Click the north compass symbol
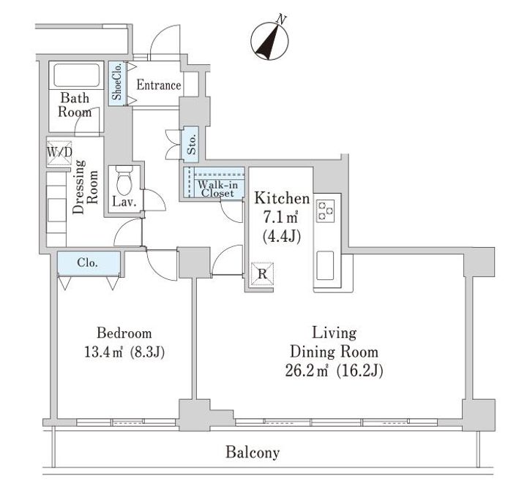(269, 40)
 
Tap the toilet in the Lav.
(124, 181)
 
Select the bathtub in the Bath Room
(77, 75)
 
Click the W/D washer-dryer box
(59, 153)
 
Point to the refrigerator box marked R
(262, 274)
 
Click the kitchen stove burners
(326, 211)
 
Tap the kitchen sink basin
(325, 265)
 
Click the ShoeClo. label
(117, 83)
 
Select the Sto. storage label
(192, 145)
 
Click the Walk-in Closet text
(217, 189)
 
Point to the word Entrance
(159, 86)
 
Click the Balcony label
(253, 452)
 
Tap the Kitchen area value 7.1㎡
(280, 218)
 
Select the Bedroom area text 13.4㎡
(103, 352)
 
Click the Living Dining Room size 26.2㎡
(306, 371)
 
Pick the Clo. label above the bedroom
(87, 262)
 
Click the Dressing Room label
(86, 186)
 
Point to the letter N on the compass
(281, 20)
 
